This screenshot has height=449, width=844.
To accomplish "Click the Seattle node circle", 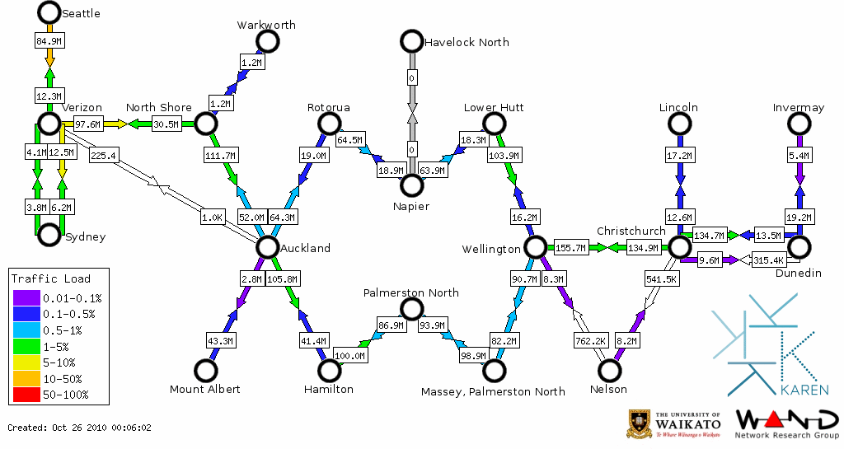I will coord(49,12).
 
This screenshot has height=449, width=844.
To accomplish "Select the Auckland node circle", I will coord(267,247).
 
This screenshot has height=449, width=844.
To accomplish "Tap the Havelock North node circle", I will coord(410,41).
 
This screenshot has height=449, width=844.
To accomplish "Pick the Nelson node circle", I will coord(610,372).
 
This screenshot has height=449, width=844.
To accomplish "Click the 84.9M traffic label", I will coord(49,40).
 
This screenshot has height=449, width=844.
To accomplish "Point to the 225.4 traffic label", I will coord(105,156).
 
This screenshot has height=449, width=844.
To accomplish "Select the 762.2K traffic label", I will coord(591,339).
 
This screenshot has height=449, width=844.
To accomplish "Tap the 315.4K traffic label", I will coord(768,260).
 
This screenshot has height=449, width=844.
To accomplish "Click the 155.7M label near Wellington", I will coord(570,247).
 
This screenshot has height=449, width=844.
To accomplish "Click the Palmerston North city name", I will coord(411,292).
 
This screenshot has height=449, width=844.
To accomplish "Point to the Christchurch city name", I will coord(631,231).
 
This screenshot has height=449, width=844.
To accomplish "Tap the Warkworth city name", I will coord(266,25).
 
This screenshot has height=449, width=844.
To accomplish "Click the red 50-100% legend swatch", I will coord(24,395).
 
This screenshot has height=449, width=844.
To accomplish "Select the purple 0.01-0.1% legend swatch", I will coord(24,297).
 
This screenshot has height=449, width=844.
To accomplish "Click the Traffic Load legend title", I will coord(51,278).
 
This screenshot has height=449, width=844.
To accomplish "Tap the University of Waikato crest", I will coord(639,423).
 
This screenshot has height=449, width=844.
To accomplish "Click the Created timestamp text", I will coord(80,428).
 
